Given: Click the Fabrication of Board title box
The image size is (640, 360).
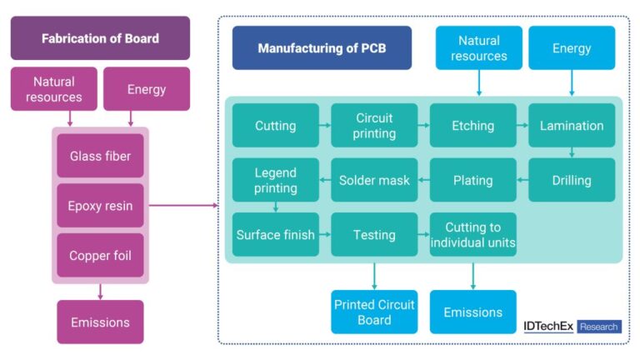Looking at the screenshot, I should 100,38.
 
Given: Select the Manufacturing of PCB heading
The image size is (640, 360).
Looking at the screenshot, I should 322,47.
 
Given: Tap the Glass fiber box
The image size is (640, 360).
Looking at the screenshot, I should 100,156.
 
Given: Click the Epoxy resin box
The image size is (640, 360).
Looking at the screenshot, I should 100,206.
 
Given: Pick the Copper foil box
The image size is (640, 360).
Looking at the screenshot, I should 100,256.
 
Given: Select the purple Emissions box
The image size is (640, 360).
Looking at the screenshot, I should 100,321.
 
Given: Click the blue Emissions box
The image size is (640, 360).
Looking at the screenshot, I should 472,312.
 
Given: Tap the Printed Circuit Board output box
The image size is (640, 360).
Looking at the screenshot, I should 374,312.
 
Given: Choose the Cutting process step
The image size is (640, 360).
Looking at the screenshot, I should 275,126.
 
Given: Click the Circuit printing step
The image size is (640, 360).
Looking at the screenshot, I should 374,126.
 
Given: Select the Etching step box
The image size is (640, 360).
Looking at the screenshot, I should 472,126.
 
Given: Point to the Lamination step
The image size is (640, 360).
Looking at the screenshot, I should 572,126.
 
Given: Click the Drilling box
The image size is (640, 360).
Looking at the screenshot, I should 572,180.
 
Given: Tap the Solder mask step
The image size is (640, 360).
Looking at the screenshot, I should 374,180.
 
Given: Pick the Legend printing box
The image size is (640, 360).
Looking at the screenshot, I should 275,180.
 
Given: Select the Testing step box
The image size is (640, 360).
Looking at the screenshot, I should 374,234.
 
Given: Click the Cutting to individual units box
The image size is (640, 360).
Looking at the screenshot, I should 472,234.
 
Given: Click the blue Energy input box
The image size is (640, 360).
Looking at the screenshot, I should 572,47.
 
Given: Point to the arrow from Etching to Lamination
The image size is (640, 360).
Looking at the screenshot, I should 522,126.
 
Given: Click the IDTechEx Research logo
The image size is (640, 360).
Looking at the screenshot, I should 572,327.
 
